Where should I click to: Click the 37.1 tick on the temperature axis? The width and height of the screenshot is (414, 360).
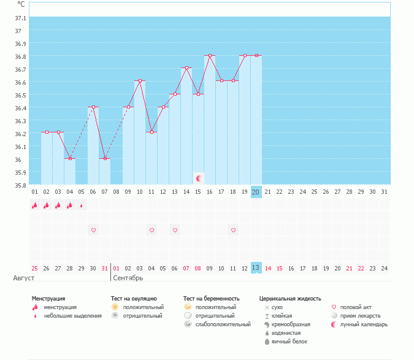[18, 18]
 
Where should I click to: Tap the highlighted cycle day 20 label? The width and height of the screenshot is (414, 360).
[256, 192]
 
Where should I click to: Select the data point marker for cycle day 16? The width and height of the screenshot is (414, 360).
[210, 55]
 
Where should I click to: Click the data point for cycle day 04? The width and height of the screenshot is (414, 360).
[70, 158]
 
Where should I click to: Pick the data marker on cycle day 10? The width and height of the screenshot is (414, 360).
[140, 81]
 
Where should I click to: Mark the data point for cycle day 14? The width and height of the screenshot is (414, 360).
[186, 68]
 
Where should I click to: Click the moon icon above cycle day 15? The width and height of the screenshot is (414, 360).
[198, 178]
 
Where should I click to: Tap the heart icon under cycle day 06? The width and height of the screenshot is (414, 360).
[93, 230]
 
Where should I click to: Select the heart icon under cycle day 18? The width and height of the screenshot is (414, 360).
[233, 230]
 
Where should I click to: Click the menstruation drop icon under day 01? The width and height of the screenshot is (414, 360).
[34, 205]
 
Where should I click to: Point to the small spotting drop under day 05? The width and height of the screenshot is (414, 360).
[81, 206]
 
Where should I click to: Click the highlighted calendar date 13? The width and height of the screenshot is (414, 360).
[256, 268]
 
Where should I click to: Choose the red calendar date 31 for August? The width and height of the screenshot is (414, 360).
[105, 268]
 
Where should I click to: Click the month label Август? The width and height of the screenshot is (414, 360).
[20, 278]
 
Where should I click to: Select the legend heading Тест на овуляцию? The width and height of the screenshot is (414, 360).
[134, 299]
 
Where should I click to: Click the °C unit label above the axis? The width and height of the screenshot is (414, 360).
[21, 4]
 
